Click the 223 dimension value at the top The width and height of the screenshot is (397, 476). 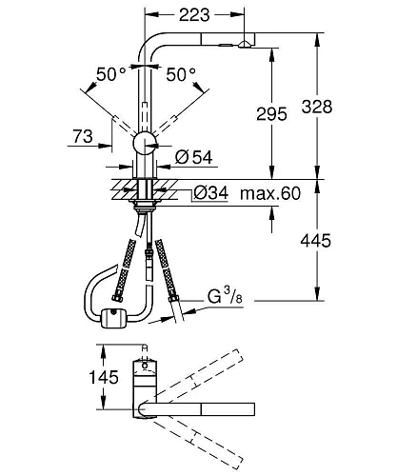pyautogui.click(x=194, y=14)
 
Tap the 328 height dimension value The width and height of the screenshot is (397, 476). pyautogui.click(x=317, y=107)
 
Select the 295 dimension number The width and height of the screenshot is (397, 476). pyautogui.click(x=271, y=114)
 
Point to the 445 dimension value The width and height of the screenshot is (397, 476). pyautogui.click(x=316, y=241)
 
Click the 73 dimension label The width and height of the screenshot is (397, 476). pyautogui.click(x=83, y=136)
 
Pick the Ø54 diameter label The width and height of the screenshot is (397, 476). pyautogui.click(x=193, y=157)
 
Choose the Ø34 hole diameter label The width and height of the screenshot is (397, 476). pyautogui.click(x=210, y=192)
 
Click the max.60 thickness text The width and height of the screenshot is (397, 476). pyautogui.click(x=270, y=193)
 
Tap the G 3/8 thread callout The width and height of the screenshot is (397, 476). pyautogui.click(x=225, y=297)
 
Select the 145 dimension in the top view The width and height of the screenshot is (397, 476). pyautogui.click(x=104, y=377)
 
